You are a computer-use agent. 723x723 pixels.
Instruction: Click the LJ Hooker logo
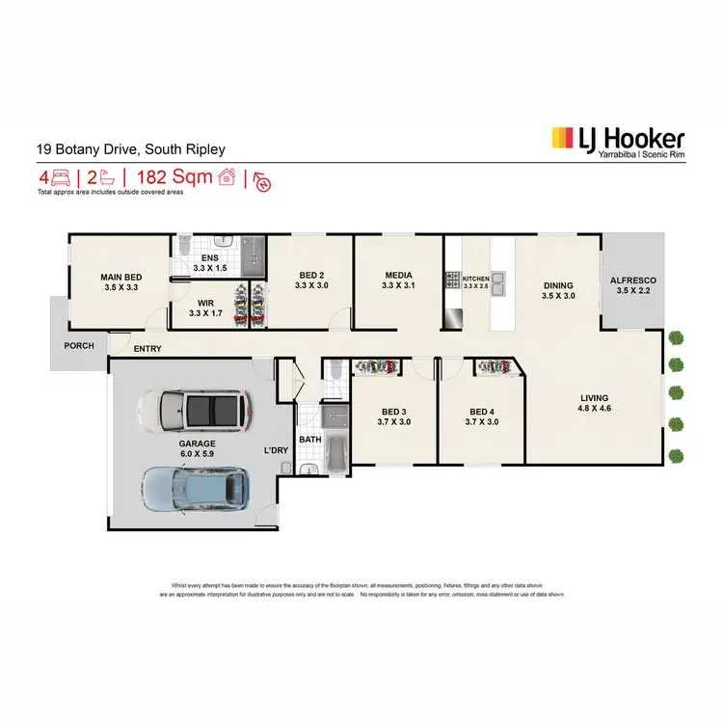click(617, 141)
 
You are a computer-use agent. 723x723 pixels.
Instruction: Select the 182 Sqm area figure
click(174, 177)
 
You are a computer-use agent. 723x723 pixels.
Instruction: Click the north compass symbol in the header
click(261, 180)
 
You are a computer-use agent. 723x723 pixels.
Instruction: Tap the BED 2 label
click(313, 280)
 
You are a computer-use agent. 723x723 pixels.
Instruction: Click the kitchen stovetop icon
click(453, 281)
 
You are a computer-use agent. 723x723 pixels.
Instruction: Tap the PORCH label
click(79, 345)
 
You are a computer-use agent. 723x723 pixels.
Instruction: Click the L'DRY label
click(278, 450)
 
